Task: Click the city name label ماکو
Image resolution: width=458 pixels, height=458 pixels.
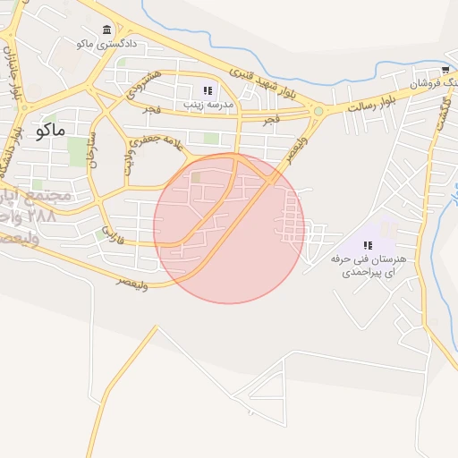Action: [x=52, y=131]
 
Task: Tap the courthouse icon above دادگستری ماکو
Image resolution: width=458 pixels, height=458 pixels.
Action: [x=107, y=30]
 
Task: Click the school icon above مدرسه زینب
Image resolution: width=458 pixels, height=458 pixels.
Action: [x=208, y=91]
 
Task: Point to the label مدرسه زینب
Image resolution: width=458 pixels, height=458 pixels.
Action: [x=208, y=105]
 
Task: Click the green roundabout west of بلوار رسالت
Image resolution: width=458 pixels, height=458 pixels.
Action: [x=318, y=112]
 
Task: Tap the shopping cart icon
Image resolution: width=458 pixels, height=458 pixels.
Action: [x=445, y=71]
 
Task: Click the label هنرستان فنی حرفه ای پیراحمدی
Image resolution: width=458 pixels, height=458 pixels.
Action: [x=368, y=264]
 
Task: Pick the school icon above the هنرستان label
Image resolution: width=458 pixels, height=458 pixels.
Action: [x=368, y=244]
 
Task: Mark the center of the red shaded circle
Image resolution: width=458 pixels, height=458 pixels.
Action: [x=229, y=228]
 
